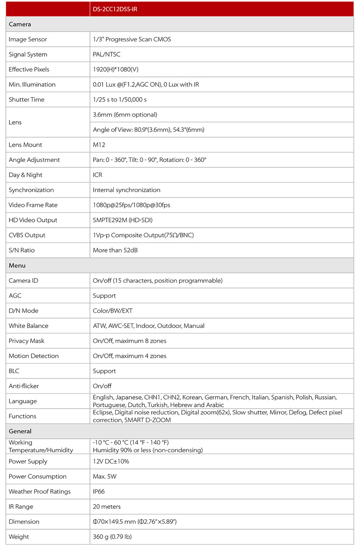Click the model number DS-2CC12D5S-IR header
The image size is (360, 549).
(x=115, y=9)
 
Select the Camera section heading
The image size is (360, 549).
(x=20, y=24)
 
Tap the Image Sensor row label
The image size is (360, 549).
(x=28, y=40)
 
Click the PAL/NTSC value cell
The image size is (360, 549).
(x=107, y=54)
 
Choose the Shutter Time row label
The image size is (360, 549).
(x=27, y=99)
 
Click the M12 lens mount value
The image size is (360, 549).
(x=99, y=145)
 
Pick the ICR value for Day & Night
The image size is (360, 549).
(x=98, y=175)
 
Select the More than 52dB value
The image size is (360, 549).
(x=115, y=250)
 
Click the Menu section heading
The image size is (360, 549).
(x=17, y=265)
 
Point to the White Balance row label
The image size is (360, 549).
(x=28, y=326)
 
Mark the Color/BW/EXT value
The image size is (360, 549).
(x=113, y=311)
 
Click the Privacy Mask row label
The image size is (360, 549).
(x=27, y=341)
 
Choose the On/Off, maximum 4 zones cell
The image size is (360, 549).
(x=130, y=356)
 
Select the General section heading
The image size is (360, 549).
(x=20, y=432)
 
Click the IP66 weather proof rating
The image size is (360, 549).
(x=99, y=492)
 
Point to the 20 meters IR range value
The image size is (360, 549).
(x=107, y=507)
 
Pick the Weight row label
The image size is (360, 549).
(x=19, y=537)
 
